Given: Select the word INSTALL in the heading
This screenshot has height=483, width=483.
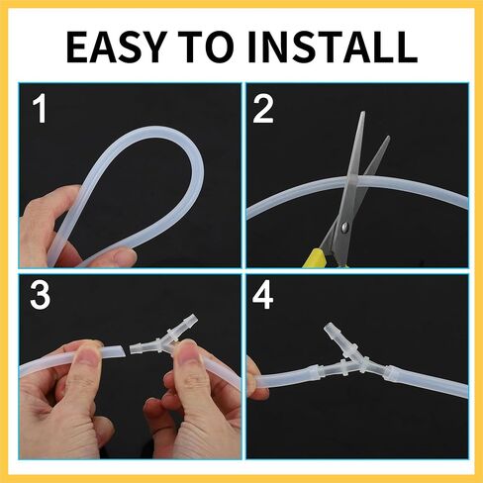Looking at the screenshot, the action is pyautogui.click(x=333, y=48).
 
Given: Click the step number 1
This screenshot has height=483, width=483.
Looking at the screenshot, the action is pyautogui.click(x=41, y=109).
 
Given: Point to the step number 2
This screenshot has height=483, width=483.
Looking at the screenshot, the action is pyautogui.click(x=263, y=109).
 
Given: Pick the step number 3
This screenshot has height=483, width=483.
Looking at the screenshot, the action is pyautogui.click(x=41, y=295).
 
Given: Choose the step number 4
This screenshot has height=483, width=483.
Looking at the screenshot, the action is pyautogui.click(x=263, y=295).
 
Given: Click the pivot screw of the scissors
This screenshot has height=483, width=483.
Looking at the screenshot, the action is pyautogui.click(x=344, y=227).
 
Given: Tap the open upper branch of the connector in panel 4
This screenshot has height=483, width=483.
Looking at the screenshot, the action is pyautogui.click(x=333, y=333).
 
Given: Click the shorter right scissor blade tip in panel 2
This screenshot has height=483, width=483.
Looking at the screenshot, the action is pyautogui.click(x=388, y=138).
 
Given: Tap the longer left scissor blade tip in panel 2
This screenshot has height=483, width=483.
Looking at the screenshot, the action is pyautogui.click(x=362, y=113).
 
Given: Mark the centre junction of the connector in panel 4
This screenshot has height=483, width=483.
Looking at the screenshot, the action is pyautogui.click(x=362, y=367).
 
